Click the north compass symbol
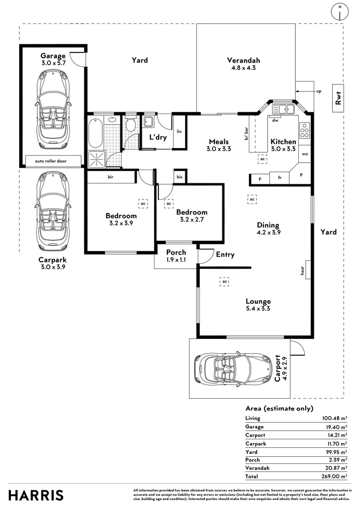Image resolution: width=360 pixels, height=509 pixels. click(x=340, y=12)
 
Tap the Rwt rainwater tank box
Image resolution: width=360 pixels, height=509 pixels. click(x=337, y=98)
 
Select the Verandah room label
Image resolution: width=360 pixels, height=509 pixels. click(x=244, y=60)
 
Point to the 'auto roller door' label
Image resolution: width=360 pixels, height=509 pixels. click(x=51, y=161)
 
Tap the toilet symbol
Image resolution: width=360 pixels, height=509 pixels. click(x=131, y=125)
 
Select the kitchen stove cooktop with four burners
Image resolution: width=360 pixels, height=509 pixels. click(x=304, y=130)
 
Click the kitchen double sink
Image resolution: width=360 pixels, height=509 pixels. click(x=284, y=109)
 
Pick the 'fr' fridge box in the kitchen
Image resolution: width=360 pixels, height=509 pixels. click(x=279, y=178)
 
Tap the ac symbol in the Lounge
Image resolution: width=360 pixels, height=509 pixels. click(x=225, y=281)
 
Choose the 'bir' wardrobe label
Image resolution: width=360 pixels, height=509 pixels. click(x=110, y=177)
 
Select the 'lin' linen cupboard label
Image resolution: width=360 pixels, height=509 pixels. click(x=179, y=131)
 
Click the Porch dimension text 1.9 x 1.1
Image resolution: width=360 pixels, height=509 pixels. click(x=176, y=260)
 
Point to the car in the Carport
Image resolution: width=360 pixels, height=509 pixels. click(x=233, y=368)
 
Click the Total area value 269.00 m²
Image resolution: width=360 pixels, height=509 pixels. click(x=334, y=476)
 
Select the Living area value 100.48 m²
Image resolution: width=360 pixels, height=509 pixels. click(x=334, y=418)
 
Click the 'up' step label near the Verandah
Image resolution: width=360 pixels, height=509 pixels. click(x=319, y=91)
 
